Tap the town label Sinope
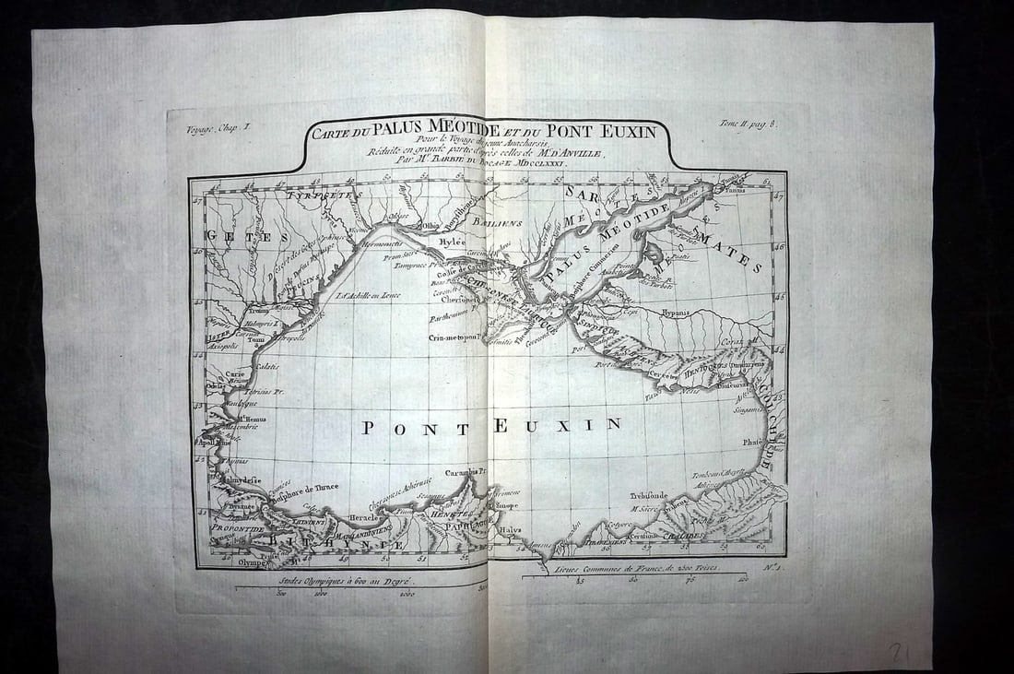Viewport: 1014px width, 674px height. pyautogui.click(x=508, y=505)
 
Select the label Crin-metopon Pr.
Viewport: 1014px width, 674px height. pyautogui.click(x=455, y=337)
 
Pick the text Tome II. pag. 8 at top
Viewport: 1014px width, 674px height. pyautogui.click(x=747, y=123)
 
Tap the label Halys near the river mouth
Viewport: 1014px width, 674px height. pyautogui.click(x=510, y=530)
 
